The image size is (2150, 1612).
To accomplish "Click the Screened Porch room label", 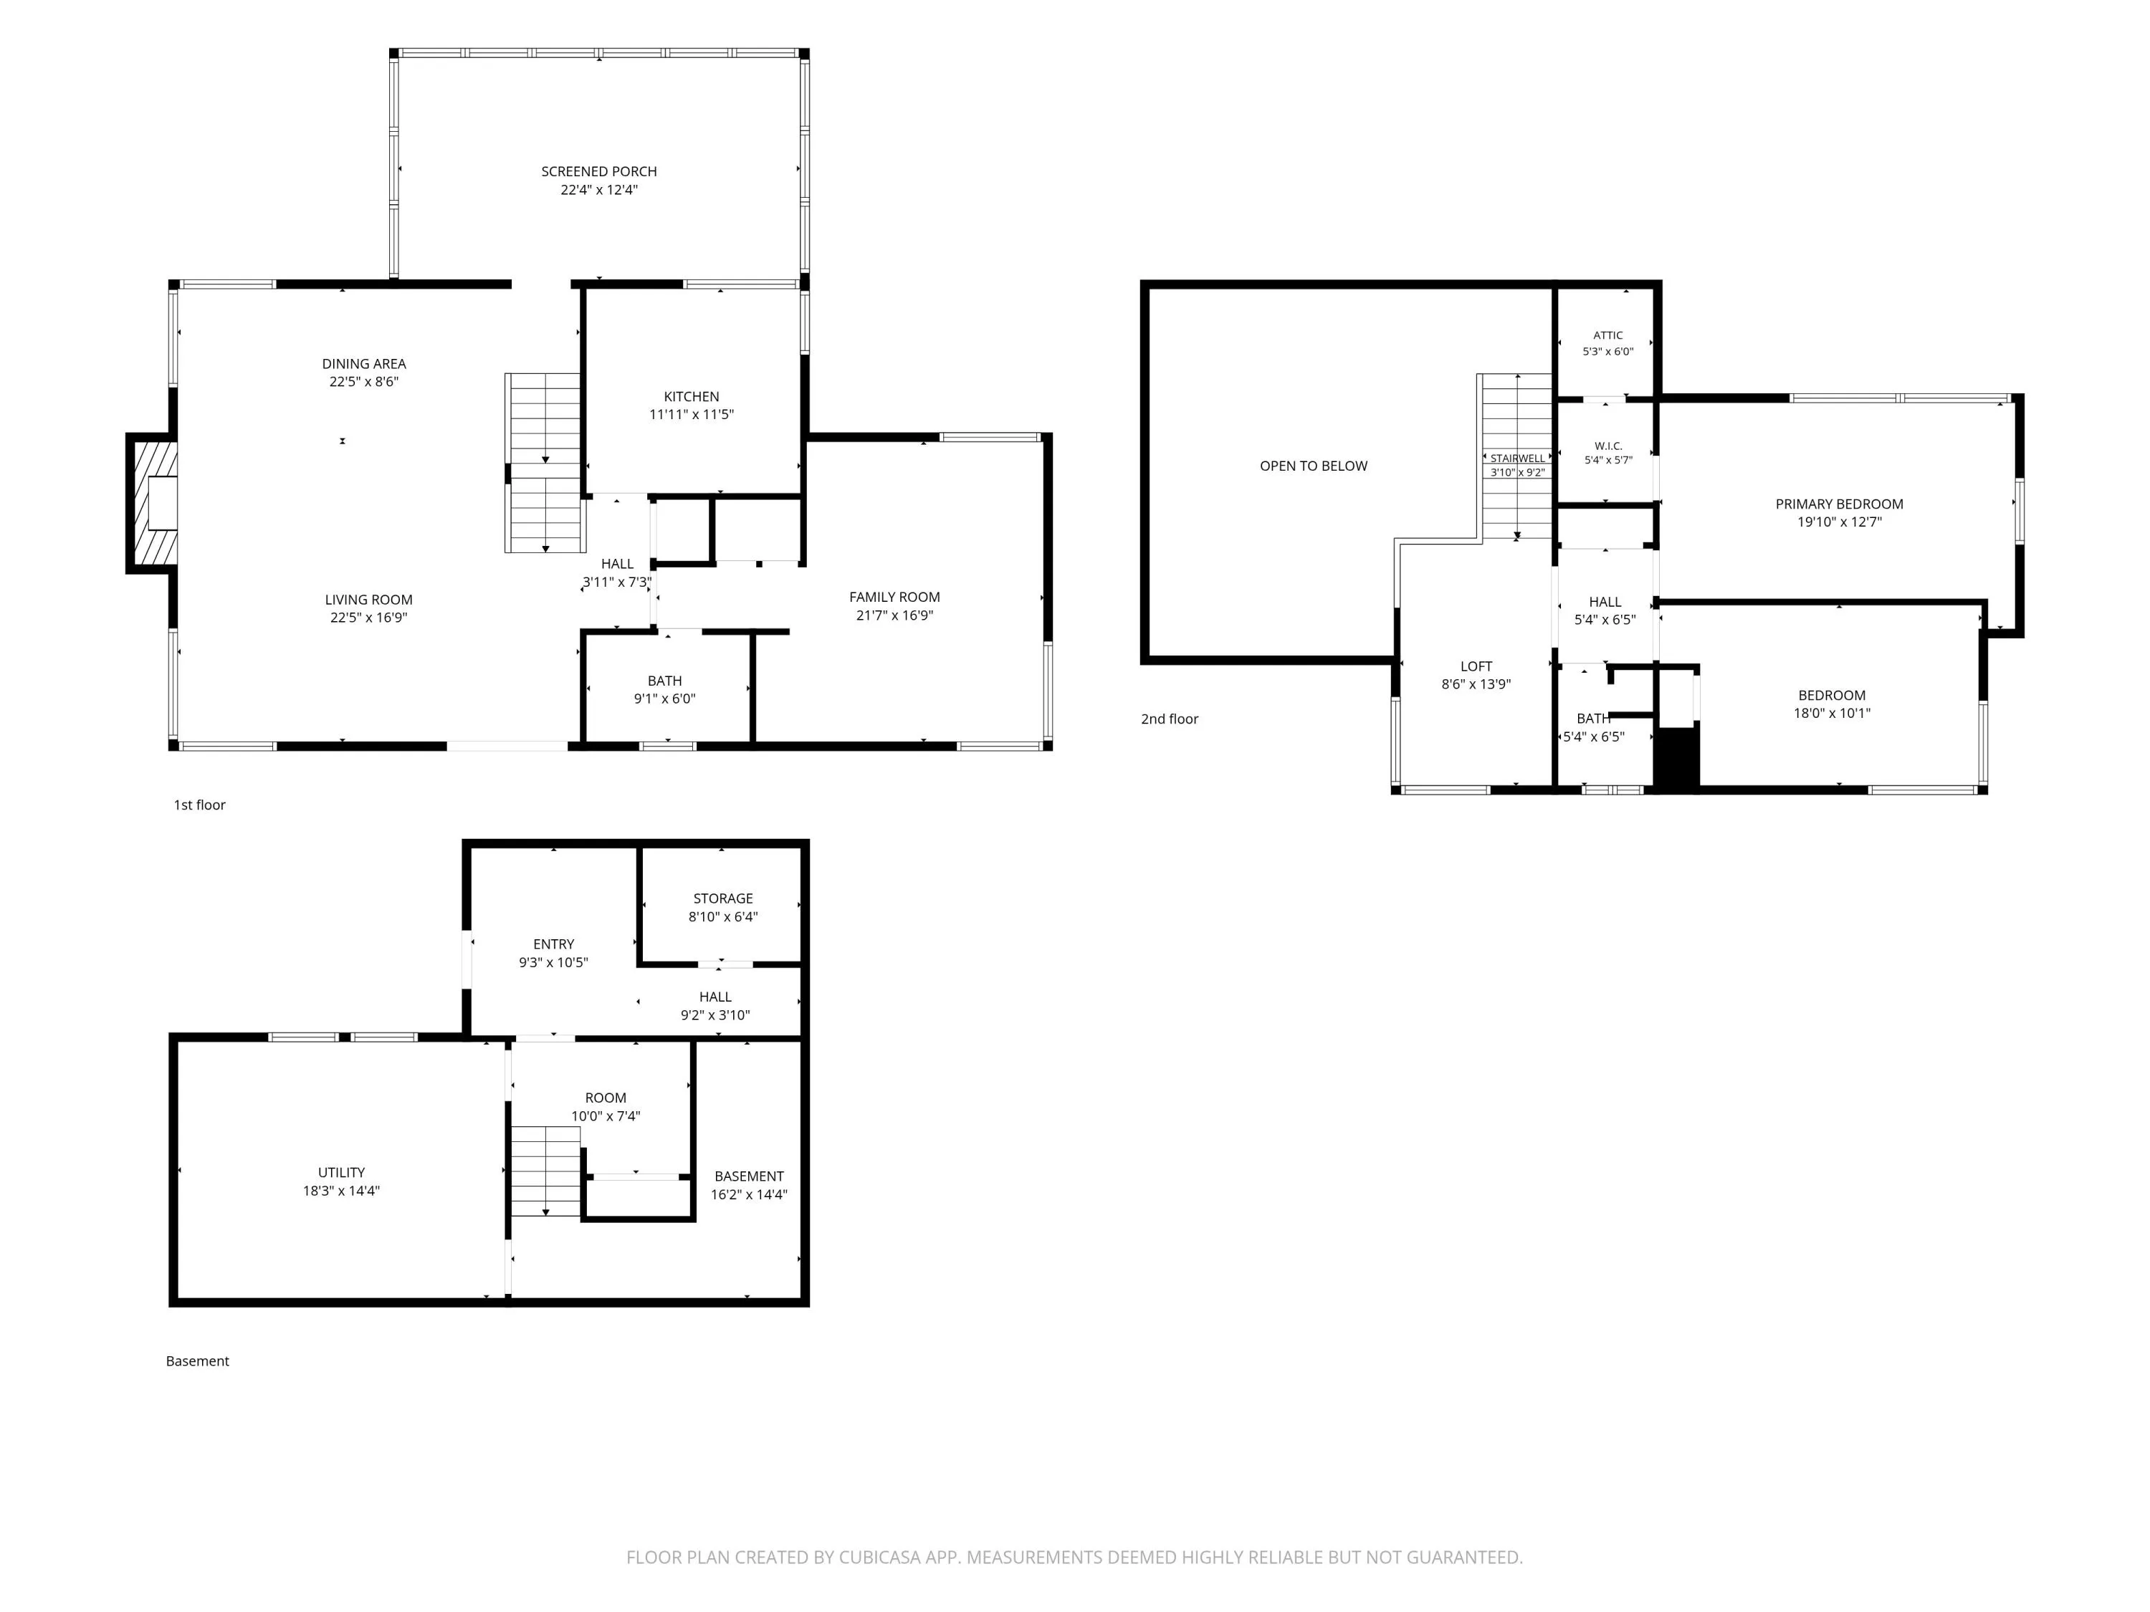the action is pyautogui.click(x=598, y=172).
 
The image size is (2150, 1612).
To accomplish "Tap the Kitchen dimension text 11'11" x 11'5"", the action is pyautogui.click(x=691, y=415).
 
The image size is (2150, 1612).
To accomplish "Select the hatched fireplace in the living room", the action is pyautogui.click(x=153, y=502).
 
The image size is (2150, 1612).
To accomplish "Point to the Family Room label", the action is pyautogui.click(x=894, y=598).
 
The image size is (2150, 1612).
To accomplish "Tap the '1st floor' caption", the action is pyautogui.click(x=199, y=805).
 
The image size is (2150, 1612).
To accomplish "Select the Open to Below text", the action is pyautogui.click(x=1313, y=466).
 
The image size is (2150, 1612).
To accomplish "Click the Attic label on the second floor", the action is pyautogui.click(x=1607, y=335).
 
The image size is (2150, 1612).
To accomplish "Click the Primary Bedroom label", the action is pyautogui.click(x=1839, y=504).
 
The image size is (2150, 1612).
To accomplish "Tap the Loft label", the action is pyautogui.click(x=1476, y=666).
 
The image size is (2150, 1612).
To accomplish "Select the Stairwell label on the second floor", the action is pyautogui.click(x=1517, y=459).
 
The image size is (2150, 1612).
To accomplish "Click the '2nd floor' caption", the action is pyautogui.click(x=1170, y=719).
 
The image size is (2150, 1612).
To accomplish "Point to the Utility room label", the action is pyautogui.click(x=341, y=1173).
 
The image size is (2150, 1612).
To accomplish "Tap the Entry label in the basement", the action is pyautogui.click(x=553, y=944).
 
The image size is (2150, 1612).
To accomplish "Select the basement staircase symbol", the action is pyautogui.click(x=545, y=1171).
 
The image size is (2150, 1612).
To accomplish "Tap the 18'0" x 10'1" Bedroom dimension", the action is pyautogui.click(x=1831, y=713).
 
